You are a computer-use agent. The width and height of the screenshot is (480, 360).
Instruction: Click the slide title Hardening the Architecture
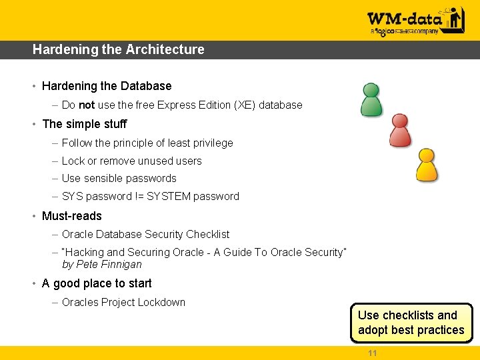click(x=118, y=49)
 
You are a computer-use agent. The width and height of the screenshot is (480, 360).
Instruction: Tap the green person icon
click(x=371, y=99)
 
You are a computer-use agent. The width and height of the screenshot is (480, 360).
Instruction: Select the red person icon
click(x=399, y=130)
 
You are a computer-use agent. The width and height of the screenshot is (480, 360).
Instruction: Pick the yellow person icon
click(x=427, y=165)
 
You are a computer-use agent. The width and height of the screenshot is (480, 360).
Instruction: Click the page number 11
click(x=372, y=353)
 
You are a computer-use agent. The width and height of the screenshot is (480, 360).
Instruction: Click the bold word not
click(x=87, y=105)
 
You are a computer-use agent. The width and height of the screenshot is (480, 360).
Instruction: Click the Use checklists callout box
click(x=411, y=323)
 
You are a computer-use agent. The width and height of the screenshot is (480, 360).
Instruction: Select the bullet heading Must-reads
click(x=72, y=216)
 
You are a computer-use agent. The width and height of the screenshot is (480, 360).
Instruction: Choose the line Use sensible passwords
click(x=119, y=178)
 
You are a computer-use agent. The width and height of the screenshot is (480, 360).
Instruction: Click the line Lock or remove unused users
click(x=131, y=161)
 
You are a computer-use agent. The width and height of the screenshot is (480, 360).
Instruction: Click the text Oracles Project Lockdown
click(x=123, y=302)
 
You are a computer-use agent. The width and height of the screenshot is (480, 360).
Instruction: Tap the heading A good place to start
click(x=97, y=283)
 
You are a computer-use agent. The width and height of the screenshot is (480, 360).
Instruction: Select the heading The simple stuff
click(x=84, y=124)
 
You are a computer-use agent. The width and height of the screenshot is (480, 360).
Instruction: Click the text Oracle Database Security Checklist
click(x=145, y=234)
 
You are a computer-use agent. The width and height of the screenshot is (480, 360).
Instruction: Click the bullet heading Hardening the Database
click(x=107, y=86)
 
